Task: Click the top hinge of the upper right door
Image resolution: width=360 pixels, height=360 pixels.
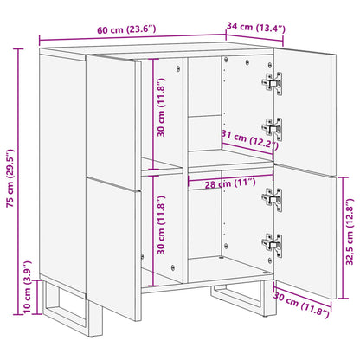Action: [x=273, y=83]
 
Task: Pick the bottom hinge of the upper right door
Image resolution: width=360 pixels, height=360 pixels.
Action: [x=273, y=128]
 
